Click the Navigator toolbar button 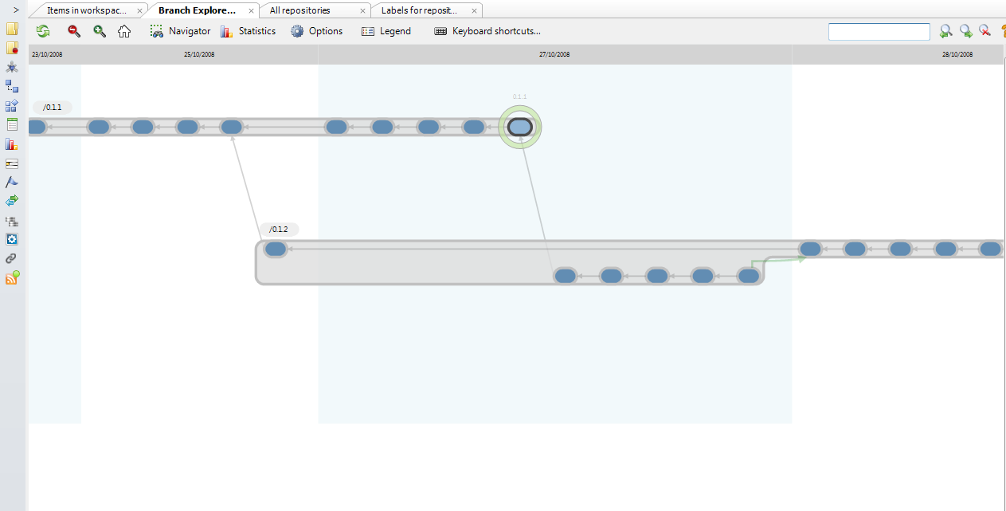pos(180,31)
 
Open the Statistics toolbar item pos(248,31)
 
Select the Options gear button pos(316,31)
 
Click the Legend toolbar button pos(386,31)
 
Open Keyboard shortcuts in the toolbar pos(487,31)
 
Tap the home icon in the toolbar pos(124,31)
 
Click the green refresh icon pos(43,31)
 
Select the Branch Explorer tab pos(197,10)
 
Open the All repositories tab pos(299,10)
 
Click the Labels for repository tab pos(419,10)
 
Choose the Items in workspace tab pos(86,10)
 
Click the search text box pos(879,31)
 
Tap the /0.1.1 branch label pos(53,107)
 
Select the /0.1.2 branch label pos(279,230)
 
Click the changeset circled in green pos(520,127)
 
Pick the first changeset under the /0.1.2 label pos(276,250)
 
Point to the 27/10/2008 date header pos(554,55)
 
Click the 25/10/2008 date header pos(199,55)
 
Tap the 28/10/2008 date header pos(957,55)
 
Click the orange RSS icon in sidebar pos(12,278)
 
